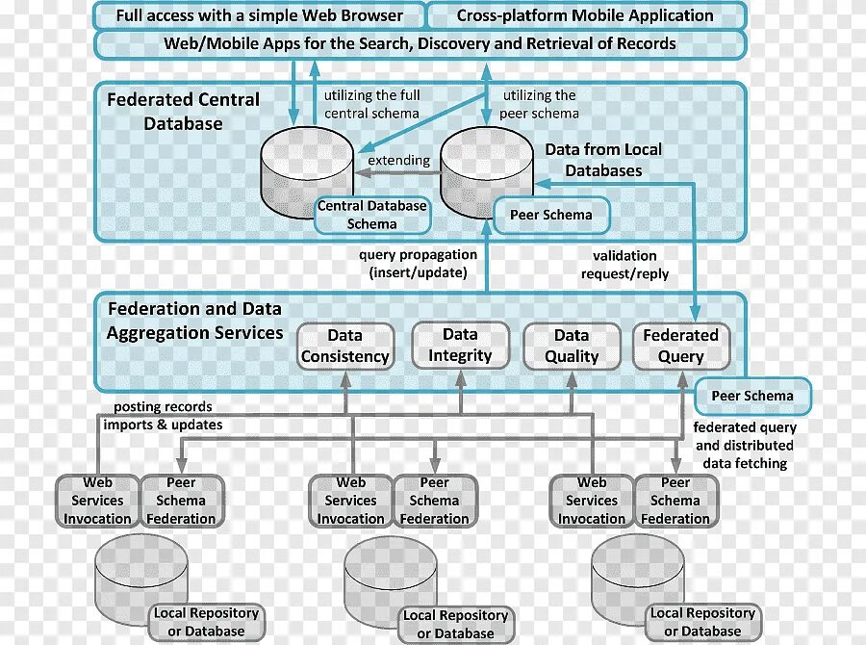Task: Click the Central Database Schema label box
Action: [371, 215]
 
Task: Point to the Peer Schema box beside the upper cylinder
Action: [551, 215]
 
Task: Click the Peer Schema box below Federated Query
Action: [752, 396]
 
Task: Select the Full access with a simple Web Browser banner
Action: [259, 15]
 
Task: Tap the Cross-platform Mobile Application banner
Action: [585, 15]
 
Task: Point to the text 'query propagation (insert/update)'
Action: [418, 264]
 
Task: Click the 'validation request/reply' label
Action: [624, 265]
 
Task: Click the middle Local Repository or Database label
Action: [455, 624]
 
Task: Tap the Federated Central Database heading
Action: [183, 112]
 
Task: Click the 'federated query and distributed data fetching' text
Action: [744, 445]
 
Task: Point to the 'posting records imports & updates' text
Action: [163, 416]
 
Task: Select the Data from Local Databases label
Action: [603, 160]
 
